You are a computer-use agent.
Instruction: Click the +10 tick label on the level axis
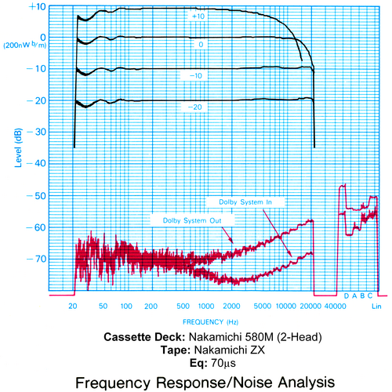click(x=38, y=6)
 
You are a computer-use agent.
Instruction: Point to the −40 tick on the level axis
click(x=36, y=163)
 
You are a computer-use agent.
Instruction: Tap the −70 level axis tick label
click(x=36, y=259)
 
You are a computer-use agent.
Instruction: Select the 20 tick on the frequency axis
click(x=73, y=306)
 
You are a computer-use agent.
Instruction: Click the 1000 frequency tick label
click(x=206, y=306)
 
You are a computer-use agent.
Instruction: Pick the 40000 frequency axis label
click(x=336, y=306)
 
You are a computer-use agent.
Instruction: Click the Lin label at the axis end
click(x=376, y=307)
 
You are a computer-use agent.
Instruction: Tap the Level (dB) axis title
click(x=18, y=147)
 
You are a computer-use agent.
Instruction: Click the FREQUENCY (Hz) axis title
click(x=210, y=322)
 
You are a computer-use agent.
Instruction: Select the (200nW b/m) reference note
click(x=25, y=45)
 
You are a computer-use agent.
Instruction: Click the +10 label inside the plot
click(x=198, y=16)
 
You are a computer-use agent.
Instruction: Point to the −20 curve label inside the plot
click(x=195, y=107)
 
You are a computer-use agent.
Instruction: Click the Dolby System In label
click(x=245, y=202)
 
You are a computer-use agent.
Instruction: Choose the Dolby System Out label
click(x=192, y=220)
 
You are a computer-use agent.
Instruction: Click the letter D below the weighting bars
click(x=347, y=296)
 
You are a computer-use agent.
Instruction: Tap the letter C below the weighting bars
click(x=370, y=296)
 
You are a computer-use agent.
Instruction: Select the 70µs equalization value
click(x=223, y=363)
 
